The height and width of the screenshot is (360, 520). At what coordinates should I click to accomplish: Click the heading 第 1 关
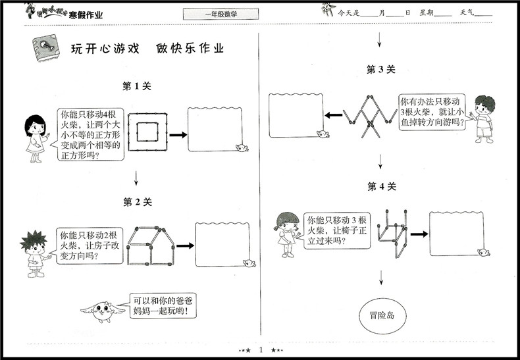pos(138,86)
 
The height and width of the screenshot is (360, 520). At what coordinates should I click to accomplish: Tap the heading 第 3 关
pos(380,70)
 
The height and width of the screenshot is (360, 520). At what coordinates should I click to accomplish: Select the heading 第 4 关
pos(381,187)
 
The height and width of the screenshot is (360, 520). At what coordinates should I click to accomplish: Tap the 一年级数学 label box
pos(221,14)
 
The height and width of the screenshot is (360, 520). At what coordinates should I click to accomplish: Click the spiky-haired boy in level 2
pos(30,250)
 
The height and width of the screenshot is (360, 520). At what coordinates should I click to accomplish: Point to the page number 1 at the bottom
pos(261,349)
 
